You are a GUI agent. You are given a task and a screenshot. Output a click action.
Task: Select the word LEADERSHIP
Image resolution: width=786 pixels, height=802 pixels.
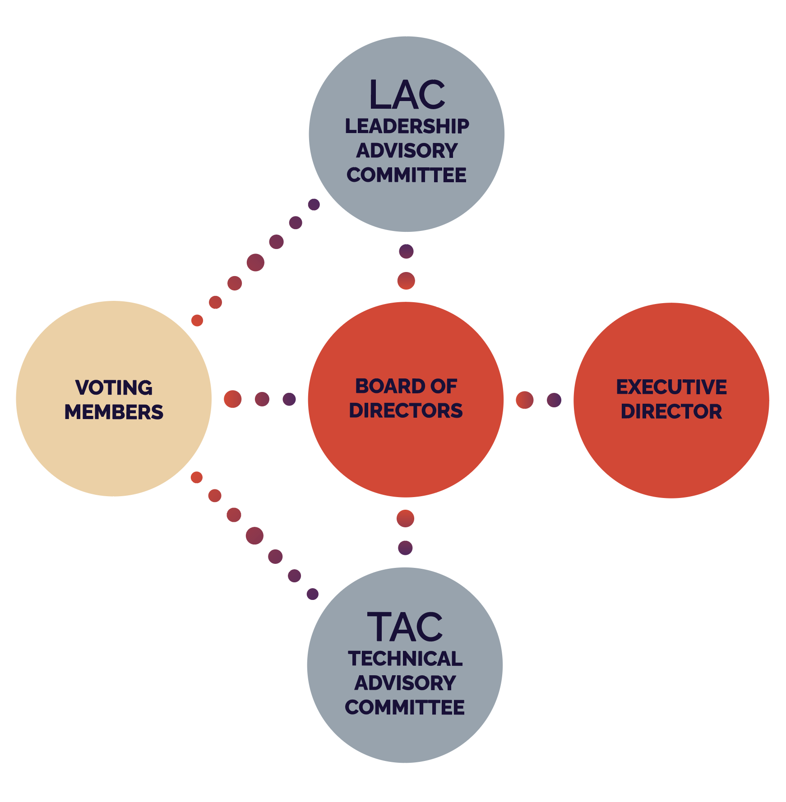coord(407,126)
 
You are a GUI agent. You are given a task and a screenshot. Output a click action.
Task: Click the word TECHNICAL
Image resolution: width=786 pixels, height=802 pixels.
coord(405,659)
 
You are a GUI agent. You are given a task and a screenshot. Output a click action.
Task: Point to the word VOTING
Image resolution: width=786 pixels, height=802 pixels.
coord(114,387)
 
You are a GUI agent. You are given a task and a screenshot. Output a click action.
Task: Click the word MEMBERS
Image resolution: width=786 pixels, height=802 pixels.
coord(114,412)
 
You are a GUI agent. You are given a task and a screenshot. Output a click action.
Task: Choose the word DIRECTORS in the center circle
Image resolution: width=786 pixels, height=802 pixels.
coord(406,410)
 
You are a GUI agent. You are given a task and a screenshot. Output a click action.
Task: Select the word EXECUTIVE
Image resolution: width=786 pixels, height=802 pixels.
coord(671,387)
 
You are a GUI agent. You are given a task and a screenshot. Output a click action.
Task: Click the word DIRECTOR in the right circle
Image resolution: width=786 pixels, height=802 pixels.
coord(671,411)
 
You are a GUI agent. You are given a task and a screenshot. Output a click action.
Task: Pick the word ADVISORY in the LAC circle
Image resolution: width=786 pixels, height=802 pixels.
coord(407,151)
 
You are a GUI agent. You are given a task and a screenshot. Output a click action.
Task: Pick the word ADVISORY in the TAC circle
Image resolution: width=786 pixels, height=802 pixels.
coord(405,683)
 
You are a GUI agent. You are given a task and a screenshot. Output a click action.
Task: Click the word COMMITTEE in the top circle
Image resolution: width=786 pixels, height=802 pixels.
coord(407,175)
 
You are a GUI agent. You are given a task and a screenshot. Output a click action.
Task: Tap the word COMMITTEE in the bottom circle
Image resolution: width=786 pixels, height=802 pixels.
coord(405,707)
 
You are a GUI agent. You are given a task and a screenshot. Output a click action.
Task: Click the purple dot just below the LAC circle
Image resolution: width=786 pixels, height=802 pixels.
coord(406,251)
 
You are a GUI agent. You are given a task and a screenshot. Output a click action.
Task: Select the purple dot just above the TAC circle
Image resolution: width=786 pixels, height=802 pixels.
coord(405,548)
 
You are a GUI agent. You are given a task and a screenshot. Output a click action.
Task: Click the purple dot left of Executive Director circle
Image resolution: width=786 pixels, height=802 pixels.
coord(554,400)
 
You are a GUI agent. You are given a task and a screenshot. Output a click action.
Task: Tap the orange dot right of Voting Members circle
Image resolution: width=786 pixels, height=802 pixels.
coord(232,399)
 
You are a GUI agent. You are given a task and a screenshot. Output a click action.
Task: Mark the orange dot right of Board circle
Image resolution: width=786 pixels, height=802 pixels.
coord(524,400)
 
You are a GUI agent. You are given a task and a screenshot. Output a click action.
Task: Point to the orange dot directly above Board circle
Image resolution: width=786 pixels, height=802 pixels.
coord(406,281)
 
